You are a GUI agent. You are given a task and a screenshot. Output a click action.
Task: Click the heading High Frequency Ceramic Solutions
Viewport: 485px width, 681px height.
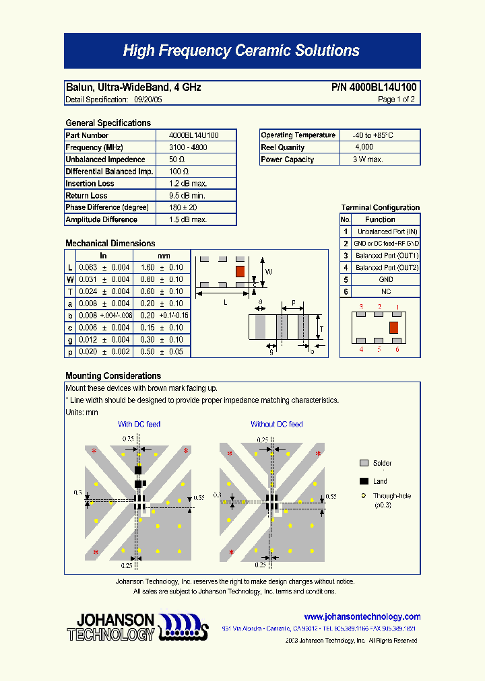241,51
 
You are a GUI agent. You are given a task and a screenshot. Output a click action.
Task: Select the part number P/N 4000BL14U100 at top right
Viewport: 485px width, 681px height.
374,87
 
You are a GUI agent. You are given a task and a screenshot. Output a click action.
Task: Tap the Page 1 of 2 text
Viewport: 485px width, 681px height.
396,100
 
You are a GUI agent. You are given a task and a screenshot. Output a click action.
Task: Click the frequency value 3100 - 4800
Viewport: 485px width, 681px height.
188,147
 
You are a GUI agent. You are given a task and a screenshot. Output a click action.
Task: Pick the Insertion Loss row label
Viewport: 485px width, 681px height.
90,184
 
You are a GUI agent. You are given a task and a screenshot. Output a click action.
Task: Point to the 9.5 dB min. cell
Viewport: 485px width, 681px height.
187,196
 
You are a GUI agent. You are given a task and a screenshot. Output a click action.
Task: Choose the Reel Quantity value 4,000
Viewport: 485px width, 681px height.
364,147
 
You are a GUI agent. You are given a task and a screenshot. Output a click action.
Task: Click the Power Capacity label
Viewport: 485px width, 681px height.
287,159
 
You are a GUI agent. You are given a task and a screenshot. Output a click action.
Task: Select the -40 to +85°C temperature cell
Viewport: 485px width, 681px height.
368,135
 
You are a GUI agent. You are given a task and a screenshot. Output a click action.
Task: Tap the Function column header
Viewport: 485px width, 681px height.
380,219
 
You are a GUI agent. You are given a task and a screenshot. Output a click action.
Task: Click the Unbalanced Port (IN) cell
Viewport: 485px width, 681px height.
387,231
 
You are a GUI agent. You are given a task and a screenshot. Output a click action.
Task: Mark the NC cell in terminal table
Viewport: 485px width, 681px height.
386,291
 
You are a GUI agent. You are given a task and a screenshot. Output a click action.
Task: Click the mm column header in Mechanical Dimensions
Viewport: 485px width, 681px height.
164,256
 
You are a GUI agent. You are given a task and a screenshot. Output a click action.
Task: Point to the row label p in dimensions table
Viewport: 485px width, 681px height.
70,352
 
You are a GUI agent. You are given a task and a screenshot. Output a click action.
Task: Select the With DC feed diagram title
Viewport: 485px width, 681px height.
139,424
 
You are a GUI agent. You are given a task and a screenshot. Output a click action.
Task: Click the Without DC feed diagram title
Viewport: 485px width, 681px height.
276,424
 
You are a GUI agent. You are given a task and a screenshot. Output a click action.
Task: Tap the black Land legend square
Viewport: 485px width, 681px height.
364,481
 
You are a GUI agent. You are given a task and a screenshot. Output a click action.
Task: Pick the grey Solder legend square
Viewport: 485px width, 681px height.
364,464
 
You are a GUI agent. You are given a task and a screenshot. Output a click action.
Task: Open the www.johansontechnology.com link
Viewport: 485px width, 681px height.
362,616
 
